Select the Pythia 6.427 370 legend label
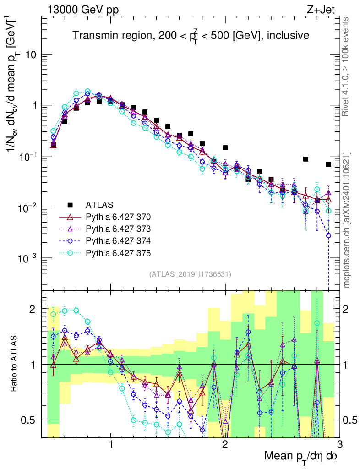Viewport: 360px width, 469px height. coord(118,217)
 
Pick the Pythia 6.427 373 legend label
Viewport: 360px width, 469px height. coord(118,229)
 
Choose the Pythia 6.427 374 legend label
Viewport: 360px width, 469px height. coord(118,241)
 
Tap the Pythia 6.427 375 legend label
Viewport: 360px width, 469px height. coord(118,253)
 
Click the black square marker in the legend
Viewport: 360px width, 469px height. coord(70,204)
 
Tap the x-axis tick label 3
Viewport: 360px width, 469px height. coord(339,444)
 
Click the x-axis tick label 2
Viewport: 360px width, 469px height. coord(225,444)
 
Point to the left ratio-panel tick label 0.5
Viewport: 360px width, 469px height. coord(31,420)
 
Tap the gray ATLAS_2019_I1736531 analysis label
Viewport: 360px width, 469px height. coord(190,274)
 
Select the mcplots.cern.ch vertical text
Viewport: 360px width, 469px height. coord(347,220)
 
